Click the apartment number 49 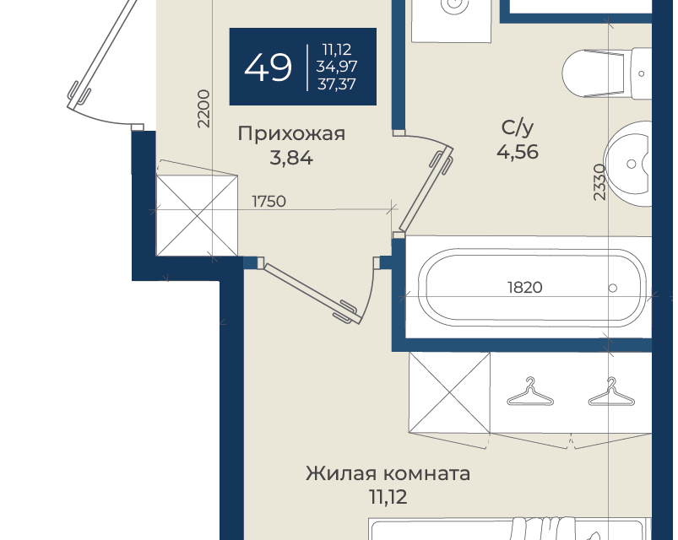tap(268, 67)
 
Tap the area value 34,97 tap(336, 67)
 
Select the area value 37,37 tap(336, 84)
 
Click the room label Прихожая tap(291, 133)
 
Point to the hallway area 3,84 tap(291, 158)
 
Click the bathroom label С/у tap(517, 127)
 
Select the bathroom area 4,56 tap(517, 152)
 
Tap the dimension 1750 tap(268, 202)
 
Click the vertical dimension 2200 tap(203, 109)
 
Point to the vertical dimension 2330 tap(599, 182)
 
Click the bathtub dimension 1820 tap(524, 287)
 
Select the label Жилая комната tap(388, 473)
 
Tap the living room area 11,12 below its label tap(388, 497)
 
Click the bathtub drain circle tap(612, 289)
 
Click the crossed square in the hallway tap(197, 215)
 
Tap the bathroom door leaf tap(426, 189)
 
